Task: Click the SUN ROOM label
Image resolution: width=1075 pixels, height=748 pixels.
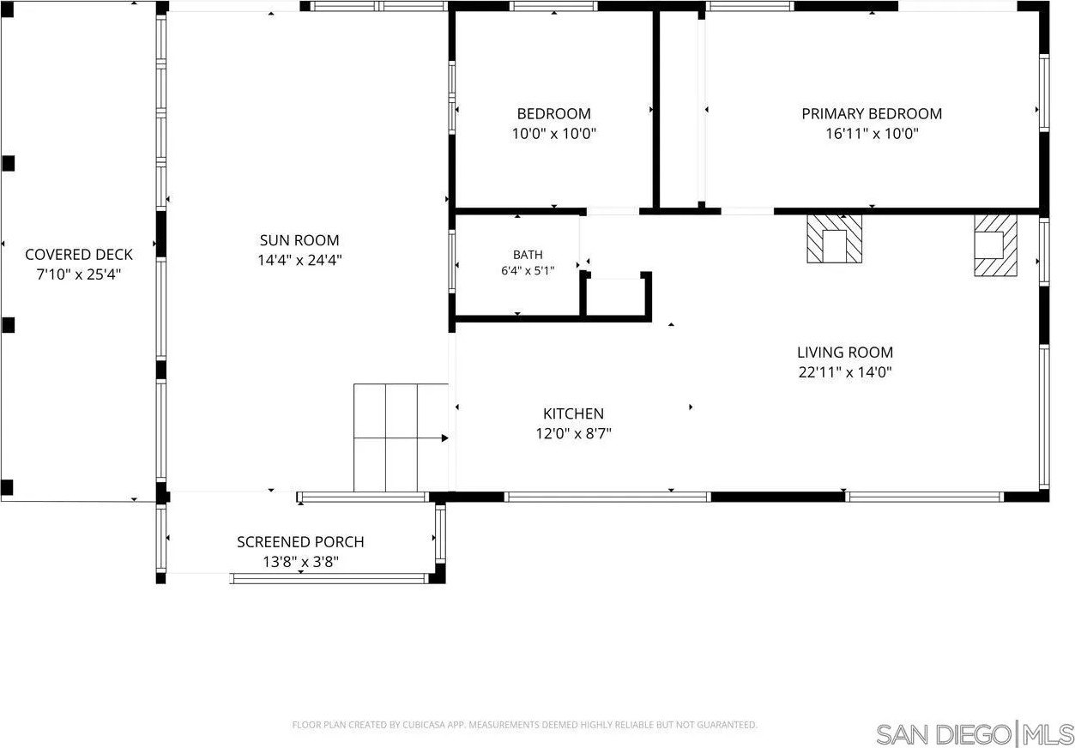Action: [x=299, y=240]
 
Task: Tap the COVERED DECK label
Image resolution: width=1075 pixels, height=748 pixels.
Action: [x=79, y=254]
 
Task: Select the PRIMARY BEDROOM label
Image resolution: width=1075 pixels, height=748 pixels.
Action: [x=872, y=114]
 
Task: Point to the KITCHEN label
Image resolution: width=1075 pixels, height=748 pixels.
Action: [x=573, y=413]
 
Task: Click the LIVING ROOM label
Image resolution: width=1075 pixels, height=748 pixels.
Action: [x=845, y=353]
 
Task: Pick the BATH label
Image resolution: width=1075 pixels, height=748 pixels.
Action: [x=528, y=255]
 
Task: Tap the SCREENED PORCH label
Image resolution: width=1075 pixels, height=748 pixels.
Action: [x=300, y=541]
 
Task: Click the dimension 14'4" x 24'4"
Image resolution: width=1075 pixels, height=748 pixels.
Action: [x=299, y=260]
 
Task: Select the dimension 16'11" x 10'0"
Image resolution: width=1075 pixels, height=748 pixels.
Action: [x=872, y=133]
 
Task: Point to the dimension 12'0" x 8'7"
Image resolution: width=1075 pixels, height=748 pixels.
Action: [x=573, y=434]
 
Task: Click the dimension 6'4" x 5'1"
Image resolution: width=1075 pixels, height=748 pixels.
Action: [x=528, y=271]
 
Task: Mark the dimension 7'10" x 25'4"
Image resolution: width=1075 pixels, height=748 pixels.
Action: [x=79, y=274]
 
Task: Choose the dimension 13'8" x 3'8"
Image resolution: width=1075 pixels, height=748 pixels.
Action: [x=300, y=561]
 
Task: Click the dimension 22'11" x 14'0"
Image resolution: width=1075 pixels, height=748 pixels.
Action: [x=845, y=372]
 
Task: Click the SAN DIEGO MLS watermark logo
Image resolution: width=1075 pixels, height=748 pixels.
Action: [x=975, y=734]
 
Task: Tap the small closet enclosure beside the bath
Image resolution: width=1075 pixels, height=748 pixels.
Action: [x=615, y=297]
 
